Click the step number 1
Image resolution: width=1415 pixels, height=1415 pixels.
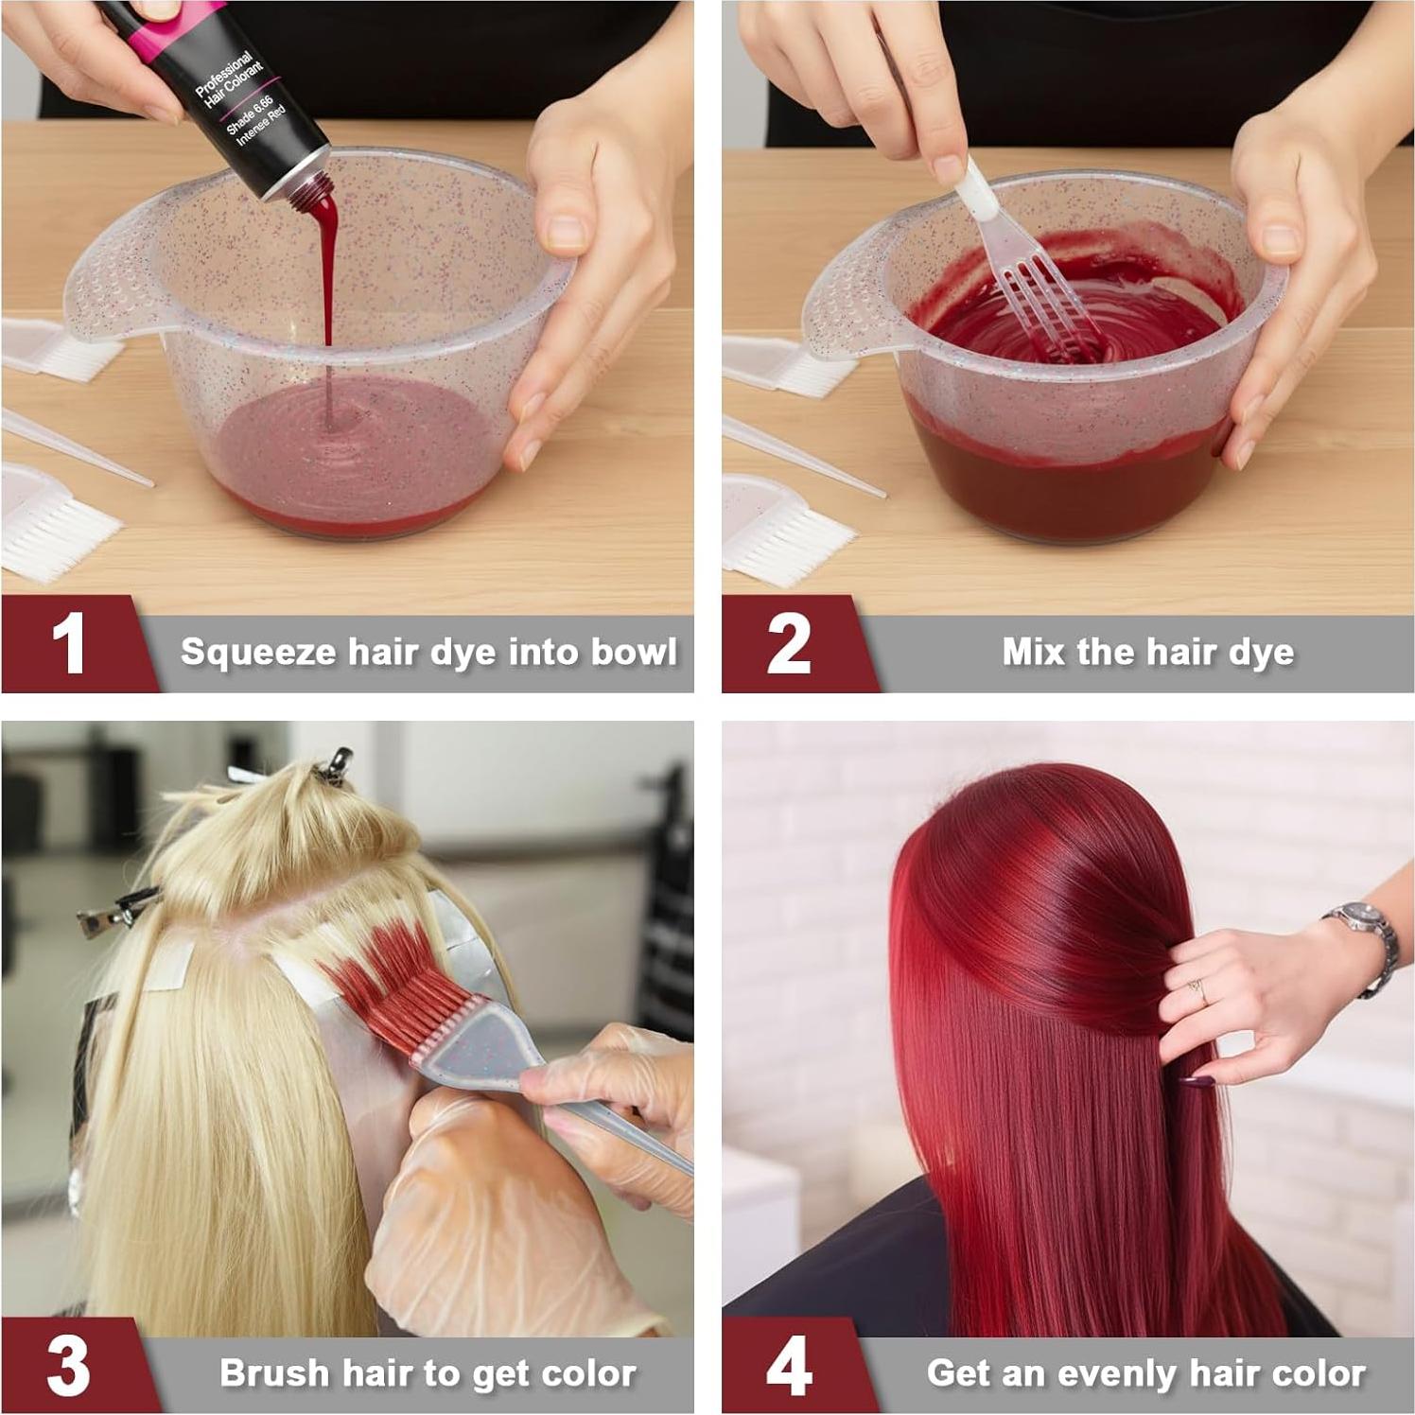tap(68, 644)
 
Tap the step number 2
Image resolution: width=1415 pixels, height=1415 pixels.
tap(788, 644)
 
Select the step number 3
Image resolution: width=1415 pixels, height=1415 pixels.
tap(68, 1366)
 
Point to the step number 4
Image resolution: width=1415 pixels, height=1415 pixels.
tap(788, 1366)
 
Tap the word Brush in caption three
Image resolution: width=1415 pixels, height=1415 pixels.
tap(273, 1373)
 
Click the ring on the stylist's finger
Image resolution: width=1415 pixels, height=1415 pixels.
tap(1198, 990)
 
